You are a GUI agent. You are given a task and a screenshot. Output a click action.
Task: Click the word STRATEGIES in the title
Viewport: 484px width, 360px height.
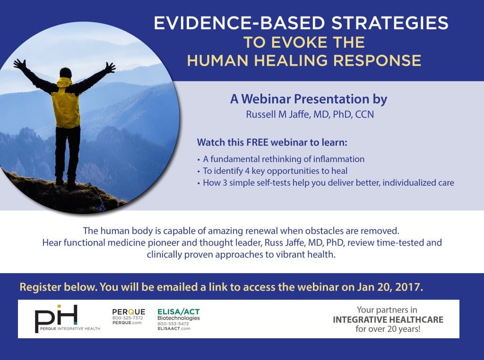pyautogui.click(x=389, y=23)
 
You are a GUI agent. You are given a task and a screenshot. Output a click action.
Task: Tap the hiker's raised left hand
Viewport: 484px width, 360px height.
pyautogui.click(x=20, y=64)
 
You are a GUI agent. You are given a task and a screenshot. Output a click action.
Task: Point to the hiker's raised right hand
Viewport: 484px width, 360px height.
pyautogui.click(x=110, y=68)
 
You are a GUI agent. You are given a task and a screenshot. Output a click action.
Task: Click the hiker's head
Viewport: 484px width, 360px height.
pyautogui.click(x=65, y=73)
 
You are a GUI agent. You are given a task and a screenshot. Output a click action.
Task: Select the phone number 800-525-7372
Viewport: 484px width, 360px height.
pyautogui.click(x=128, y=318)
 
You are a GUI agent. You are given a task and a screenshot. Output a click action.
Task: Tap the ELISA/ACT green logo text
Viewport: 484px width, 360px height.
pyautogui.click(x=178, y=311)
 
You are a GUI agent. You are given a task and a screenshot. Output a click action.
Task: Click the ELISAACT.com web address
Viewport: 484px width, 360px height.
pyautogui.click(x=174, y=328)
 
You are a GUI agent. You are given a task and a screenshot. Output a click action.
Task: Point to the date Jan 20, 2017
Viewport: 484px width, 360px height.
pyautogui.click(x=390, y=287)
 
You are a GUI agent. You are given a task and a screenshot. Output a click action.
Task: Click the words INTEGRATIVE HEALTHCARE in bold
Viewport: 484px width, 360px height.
pyautogui.click(x=388, y=319)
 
